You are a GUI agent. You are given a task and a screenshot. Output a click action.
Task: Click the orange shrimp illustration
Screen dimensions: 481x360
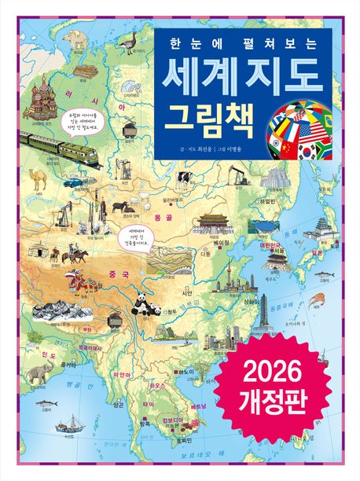[318, 299]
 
